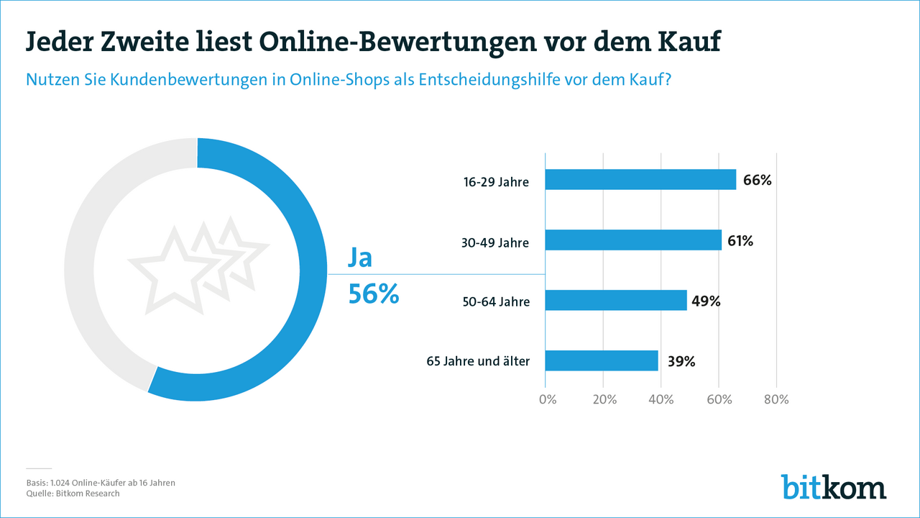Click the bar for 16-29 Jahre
640,179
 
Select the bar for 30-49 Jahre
633,240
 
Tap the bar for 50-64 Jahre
616,300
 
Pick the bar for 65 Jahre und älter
602,360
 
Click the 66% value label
758,180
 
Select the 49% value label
706,301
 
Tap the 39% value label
681,361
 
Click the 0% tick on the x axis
547,399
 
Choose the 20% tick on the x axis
604,399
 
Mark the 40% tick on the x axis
661,399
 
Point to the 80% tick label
776,399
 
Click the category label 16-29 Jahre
496,182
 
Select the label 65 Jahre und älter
478,361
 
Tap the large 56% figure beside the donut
374,294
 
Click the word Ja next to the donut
361,258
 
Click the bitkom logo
834,486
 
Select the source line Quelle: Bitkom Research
73,494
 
